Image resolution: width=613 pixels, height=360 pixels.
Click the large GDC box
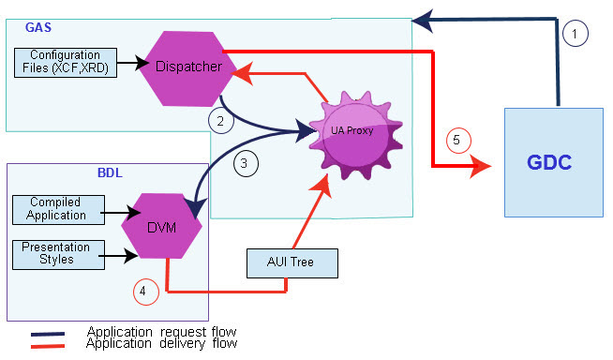coord(553,162)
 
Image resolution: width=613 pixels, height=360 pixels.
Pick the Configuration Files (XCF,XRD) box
coord(65,62)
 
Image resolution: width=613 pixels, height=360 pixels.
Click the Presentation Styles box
coord(56,254)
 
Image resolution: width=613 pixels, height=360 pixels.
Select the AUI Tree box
coord(291,262)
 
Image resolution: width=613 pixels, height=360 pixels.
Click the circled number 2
coord(218,120)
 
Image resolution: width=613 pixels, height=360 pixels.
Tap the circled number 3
coord(244,162)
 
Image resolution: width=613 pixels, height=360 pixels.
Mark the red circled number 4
coord(142,291)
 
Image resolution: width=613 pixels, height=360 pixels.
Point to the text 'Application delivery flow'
coord(161,343)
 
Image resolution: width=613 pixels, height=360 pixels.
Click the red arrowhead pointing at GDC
coord(480,168)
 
